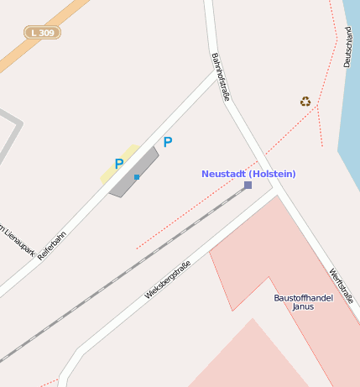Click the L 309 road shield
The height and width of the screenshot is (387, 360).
pos(43,33)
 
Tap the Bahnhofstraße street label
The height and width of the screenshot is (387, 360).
pos(220,77)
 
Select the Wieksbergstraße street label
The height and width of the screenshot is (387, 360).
pos(168,280)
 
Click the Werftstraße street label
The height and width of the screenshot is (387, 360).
pos(341,286)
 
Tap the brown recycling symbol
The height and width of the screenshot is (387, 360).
pos(305,102)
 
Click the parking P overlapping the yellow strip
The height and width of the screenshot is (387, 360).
pos(119,163)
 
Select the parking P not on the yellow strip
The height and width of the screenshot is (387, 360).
pos(167,142)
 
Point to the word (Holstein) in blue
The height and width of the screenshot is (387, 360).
pos(273,174)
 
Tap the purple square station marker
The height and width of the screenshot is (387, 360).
pos(248,185)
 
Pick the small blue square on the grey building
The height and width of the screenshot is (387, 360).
pos(136,177)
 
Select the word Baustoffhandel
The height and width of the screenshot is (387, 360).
pos(303,297)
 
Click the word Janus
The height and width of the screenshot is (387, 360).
pos(303,306)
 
